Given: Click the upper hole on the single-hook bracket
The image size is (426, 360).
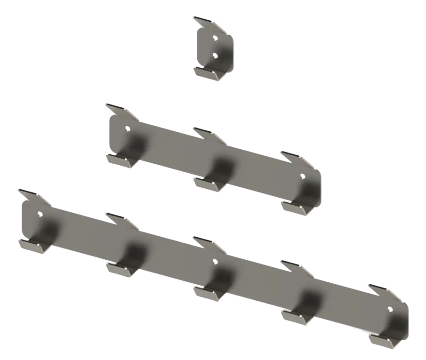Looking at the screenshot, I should point(215,38).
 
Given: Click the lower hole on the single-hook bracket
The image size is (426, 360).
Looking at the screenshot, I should point(215,56).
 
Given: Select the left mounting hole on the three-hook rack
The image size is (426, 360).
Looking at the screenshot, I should point(127,127).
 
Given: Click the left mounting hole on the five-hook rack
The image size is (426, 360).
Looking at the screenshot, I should point(39,213).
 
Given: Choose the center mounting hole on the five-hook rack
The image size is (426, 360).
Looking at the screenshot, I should point(215,261).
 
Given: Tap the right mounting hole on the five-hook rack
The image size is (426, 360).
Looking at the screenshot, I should point(389,309).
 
